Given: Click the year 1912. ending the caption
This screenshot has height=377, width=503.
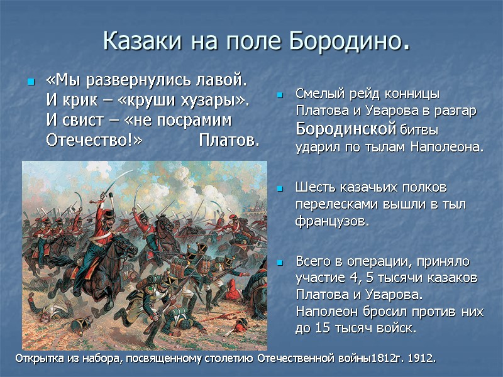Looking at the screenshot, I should click(x=421, y=358).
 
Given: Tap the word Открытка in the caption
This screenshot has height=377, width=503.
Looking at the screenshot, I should click(x=37, y=358).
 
